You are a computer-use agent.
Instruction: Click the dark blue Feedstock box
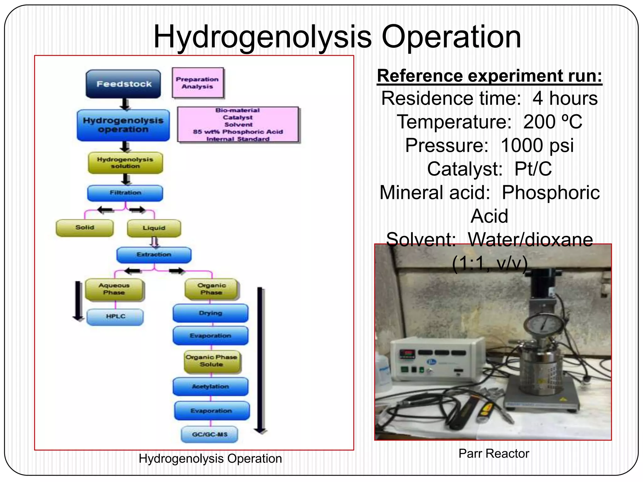123,84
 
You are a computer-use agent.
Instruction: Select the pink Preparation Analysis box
198,83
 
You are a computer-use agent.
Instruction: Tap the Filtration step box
125,193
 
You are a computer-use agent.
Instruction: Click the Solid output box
84,228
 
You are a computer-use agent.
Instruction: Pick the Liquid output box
154,228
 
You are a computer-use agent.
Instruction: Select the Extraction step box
154,254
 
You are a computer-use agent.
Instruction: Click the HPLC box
115,316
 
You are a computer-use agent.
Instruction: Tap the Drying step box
210,313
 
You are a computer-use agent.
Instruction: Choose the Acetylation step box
210,386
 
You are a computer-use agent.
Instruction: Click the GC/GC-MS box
209,434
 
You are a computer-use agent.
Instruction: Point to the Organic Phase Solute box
212,361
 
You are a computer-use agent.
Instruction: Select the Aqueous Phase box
114,289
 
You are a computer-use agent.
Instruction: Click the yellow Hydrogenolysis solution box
125,163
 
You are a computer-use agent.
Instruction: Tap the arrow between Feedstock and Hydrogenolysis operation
125,104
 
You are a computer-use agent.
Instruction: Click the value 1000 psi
537,145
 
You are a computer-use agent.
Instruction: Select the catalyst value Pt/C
533,169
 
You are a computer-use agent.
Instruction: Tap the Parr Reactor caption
494,453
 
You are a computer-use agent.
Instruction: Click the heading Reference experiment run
489,76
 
